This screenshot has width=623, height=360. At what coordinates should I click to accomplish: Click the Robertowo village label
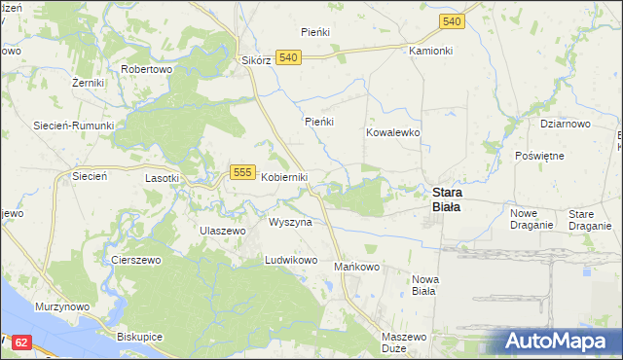click(146, 70)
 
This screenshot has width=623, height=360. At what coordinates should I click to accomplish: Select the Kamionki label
click(431, 50)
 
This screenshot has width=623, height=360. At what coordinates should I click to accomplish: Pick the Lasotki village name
click(162, 178)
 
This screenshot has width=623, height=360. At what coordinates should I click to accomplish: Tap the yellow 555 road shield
click(243, 172)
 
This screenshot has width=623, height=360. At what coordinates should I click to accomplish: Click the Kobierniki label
click(284, 177)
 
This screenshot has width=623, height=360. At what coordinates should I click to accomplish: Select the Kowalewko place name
click(392, 131)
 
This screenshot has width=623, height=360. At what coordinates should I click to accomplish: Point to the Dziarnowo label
click(566, 125)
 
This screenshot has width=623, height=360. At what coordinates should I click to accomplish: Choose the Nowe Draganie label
click(531, 219)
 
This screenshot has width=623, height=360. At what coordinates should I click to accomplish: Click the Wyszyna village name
click(290, 222)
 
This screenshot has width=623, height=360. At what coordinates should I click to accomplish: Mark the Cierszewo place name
click(135, 261)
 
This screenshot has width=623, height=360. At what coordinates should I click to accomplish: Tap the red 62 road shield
click(23, 342)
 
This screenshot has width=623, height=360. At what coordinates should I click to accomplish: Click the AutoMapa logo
click(557, 342)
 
